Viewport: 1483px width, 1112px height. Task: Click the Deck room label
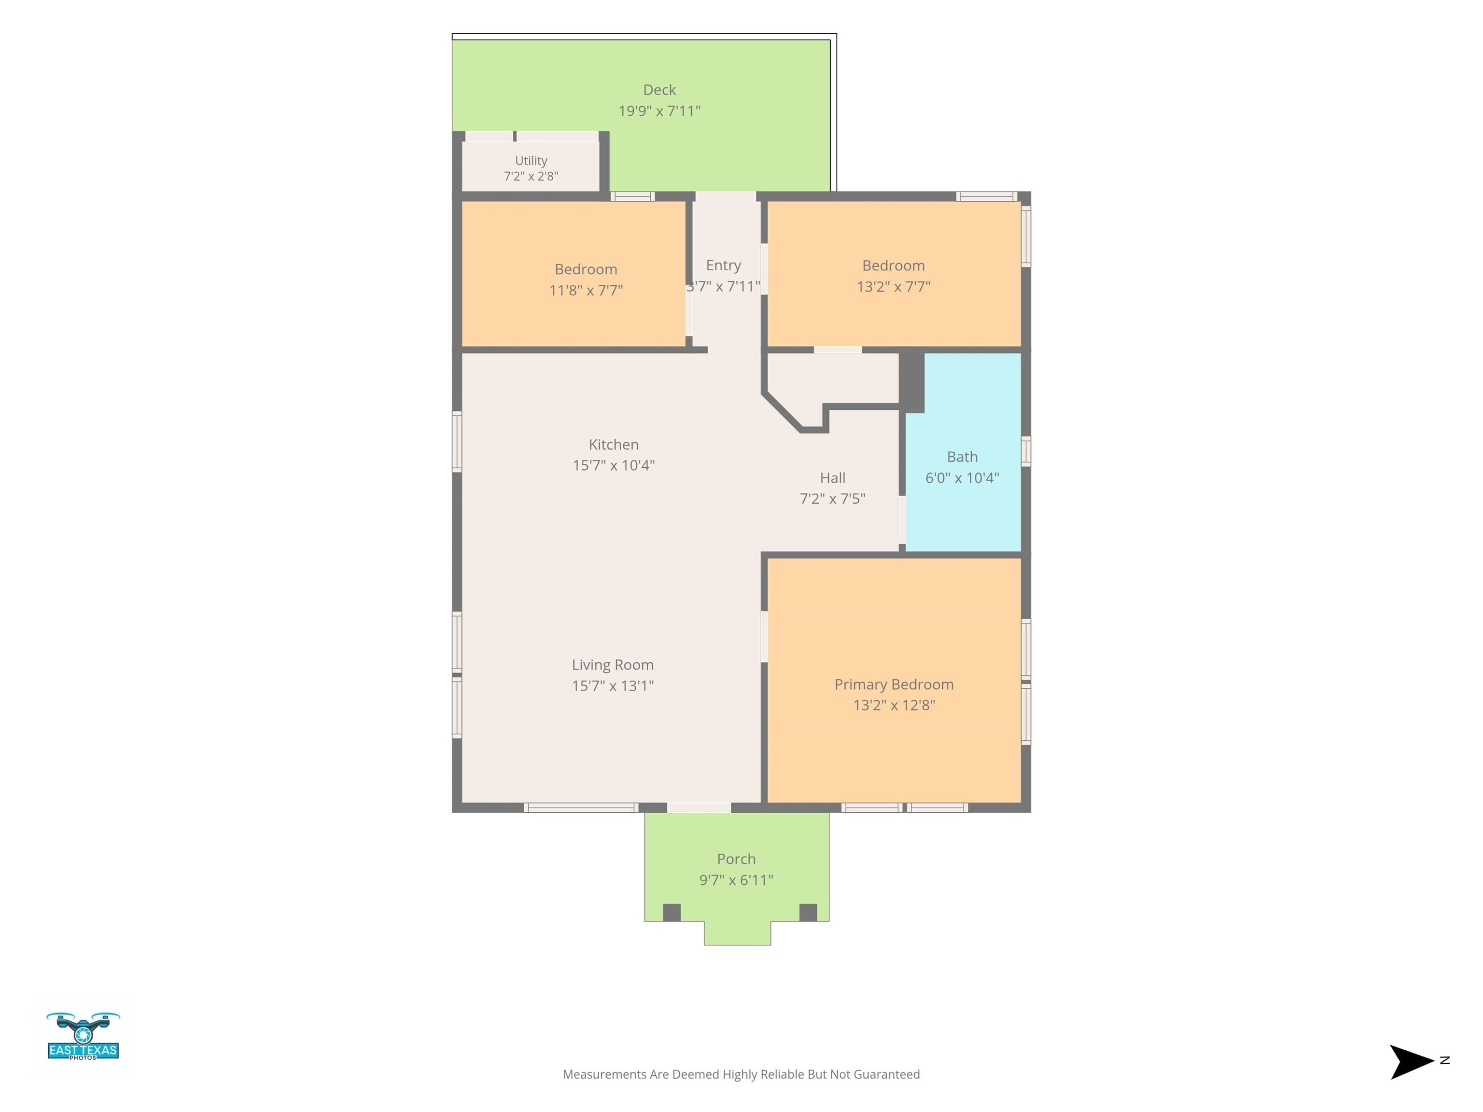click(x=659, y=90)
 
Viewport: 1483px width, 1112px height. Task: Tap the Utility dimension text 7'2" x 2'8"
click(x=531, y=176)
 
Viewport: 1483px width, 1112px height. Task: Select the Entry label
click(x=724, y=266)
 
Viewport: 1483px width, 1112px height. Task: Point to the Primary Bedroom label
click(x=894, y=684)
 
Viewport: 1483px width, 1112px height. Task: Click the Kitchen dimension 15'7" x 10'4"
click(x=614, y=465)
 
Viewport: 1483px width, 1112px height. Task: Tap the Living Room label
click(x=613, y=665)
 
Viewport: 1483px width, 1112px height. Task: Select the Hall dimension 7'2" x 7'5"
click(x=833, y=499)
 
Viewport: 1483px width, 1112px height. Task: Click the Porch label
click(x=736, y=859)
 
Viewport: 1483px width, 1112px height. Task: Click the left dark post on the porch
click(x=672, y=912)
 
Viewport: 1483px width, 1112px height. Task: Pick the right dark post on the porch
click(x=809, y=912)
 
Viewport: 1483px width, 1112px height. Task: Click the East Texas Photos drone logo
click(x=83, y=1036)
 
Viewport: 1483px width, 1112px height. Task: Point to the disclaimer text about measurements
click(x=741, y=1074)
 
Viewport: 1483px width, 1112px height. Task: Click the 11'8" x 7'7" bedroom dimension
click(x=586, y=290)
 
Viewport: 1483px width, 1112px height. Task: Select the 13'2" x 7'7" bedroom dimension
click(x=893, y=287)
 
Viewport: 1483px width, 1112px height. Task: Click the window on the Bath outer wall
click(x=1026, y=451)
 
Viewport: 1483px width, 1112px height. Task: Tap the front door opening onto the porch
click(x=699, y=807)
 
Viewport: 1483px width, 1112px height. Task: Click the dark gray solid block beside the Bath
click(x=912, y=383)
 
